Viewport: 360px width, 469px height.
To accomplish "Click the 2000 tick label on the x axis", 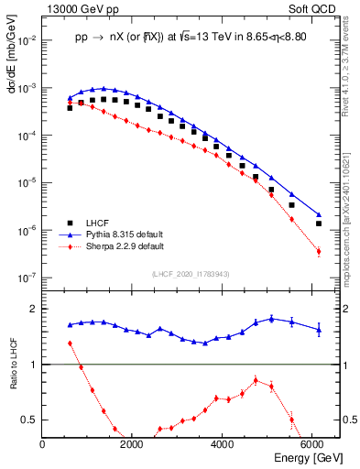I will pyautogui.click(x=132, y=444).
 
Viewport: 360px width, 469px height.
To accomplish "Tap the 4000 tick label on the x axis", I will pyautogui.click(x=222, y=444).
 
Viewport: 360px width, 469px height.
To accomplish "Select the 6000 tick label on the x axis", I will pyautogui.click(x=311, y=444).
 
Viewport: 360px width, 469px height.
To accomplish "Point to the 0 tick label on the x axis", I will pyautogui.click(x=43, y=444).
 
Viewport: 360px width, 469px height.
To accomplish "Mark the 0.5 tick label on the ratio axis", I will pyautogui.click(x=29, y=420).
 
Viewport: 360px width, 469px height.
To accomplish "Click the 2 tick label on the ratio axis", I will pyautogui.click(x=34, y=309).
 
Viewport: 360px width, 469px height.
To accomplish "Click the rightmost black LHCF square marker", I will pyautogui.click(x=318, y=224).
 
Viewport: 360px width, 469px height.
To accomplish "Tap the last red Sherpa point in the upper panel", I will pyautogui.click(x=318, y=251).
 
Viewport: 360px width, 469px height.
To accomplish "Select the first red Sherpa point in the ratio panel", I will pyautogui.click(x=70, y=344).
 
